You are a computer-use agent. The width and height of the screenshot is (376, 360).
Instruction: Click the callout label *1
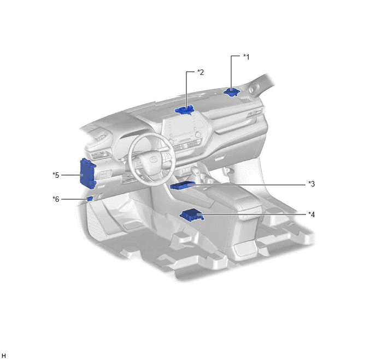pos(246,57)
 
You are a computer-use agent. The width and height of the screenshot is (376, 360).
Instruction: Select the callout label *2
pos(201,72)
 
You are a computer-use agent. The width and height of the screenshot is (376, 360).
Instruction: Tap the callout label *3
pos(312,184)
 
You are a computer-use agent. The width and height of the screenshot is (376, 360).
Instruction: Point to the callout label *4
pos(312,214)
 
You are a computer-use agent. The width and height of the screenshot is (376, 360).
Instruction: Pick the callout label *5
pos(56,175)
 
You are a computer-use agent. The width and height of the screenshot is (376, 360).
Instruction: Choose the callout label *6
pos(56,199)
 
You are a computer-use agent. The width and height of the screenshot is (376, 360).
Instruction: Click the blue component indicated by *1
pos(231,92)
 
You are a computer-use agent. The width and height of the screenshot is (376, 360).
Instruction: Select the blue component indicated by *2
pos(184,110)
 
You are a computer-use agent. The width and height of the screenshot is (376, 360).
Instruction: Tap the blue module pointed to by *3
pos(182,185)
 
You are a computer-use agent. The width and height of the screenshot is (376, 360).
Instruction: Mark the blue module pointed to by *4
pos(192,215)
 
